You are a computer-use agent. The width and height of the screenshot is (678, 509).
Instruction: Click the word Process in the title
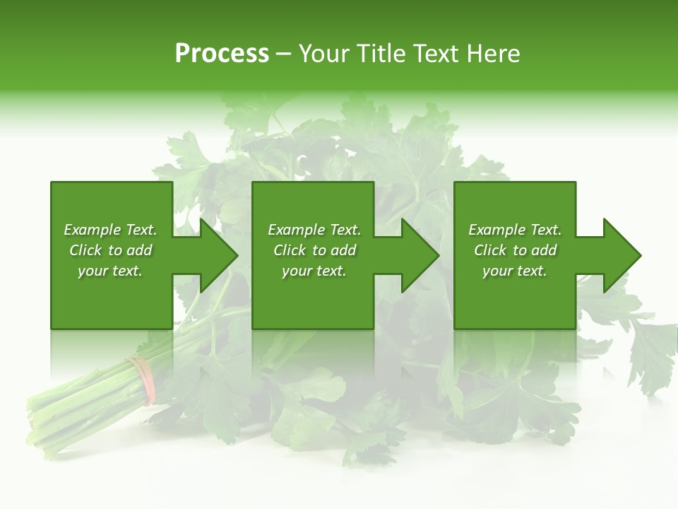[x=222, y=54]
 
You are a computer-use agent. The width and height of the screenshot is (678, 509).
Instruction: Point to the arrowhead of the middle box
[x=419, y=255]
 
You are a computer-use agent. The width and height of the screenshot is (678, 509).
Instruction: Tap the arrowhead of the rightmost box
[x=621, y=255]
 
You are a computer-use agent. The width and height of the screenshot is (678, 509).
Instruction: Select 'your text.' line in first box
[x=110, y=271]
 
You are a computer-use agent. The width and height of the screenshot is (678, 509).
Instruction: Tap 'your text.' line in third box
[x=515, y=271]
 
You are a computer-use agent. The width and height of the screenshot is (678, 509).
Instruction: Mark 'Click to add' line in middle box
[x=314, y=250]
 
